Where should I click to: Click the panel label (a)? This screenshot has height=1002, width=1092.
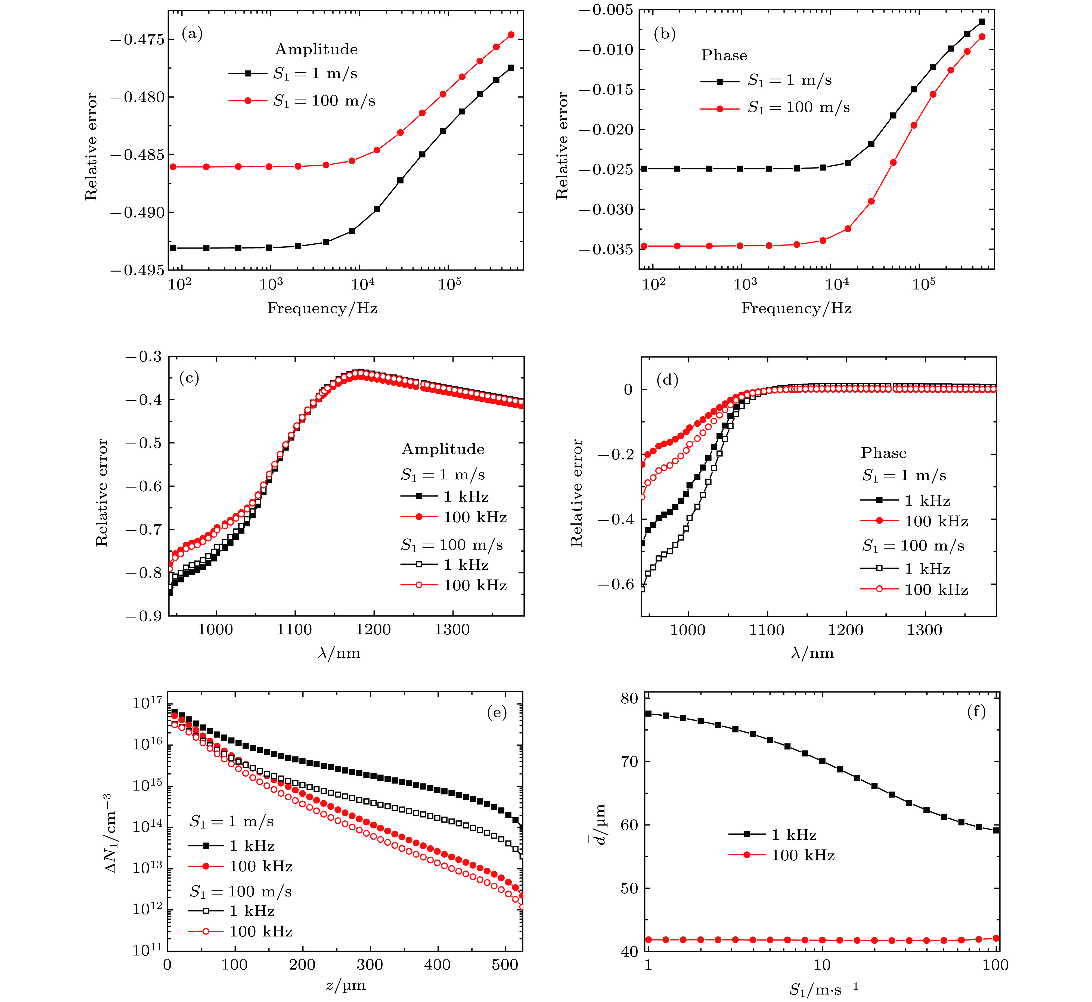192,34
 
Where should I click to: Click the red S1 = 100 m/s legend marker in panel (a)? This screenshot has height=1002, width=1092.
248,101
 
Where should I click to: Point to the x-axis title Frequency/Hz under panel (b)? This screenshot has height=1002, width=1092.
796,309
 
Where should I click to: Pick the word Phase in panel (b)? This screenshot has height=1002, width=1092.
724,55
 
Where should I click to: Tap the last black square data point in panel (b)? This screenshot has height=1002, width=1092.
981,22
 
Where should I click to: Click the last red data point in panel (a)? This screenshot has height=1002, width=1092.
511,35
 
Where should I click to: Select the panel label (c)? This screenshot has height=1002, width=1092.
189,378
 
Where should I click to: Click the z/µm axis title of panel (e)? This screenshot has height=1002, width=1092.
345,985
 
